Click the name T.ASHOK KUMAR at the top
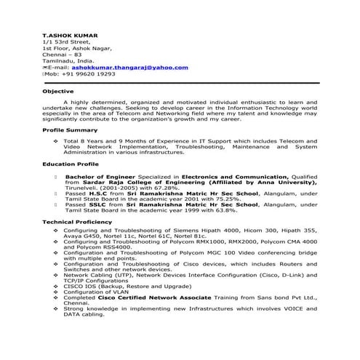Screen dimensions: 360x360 (70, 35)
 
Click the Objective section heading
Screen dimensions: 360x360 (58, 91)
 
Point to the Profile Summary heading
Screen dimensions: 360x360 (70, 129)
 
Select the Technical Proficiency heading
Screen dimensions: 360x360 (76, 221)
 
